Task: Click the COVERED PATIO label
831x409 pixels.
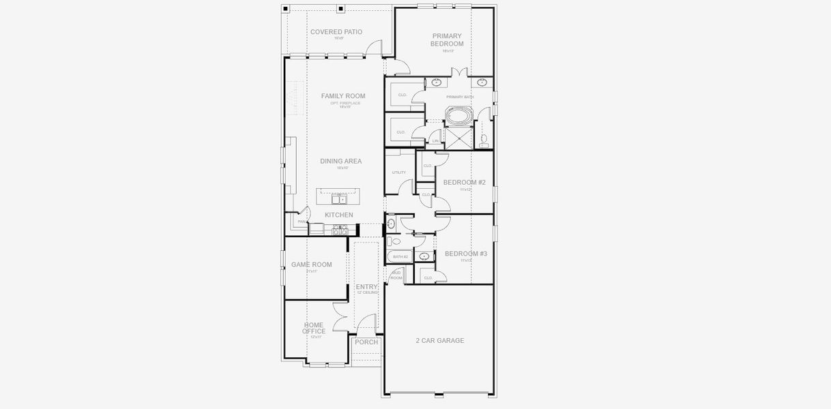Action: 336,32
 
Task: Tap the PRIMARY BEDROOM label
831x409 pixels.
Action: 446,40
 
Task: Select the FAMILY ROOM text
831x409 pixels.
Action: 343,96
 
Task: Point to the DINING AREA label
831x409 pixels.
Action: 341,162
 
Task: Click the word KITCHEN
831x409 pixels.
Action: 339,215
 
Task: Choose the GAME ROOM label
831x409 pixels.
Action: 312,264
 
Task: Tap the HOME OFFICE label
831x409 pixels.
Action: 314,329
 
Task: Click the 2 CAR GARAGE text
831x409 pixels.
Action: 440,341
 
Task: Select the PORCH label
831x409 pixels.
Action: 366,342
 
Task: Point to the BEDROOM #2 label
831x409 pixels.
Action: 465,183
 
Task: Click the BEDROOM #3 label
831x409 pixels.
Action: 466,254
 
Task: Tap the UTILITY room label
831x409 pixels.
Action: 399,172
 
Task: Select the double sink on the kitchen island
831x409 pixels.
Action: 339,199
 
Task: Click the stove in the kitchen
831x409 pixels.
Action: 339,231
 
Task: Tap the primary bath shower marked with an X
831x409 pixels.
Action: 458,138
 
